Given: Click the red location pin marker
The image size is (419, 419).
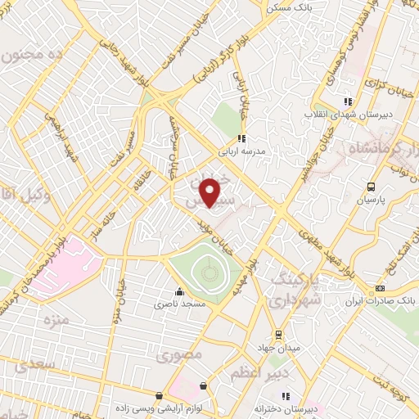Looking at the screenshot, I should [x=210, y=192].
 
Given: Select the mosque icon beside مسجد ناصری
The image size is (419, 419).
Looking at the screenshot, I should [x=179, y=291].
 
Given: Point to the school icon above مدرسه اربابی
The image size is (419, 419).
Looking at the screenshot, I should [x=241, y=138].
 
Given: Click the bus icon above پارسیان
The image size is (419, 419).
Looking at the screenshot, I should [x=372, y=187].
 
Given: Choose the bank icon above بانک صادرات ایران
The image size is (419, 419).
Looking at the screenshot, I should [x=380, y=288].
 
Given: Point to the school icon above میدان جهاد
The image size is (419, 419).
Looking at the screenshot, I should [x=278, y=334].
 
